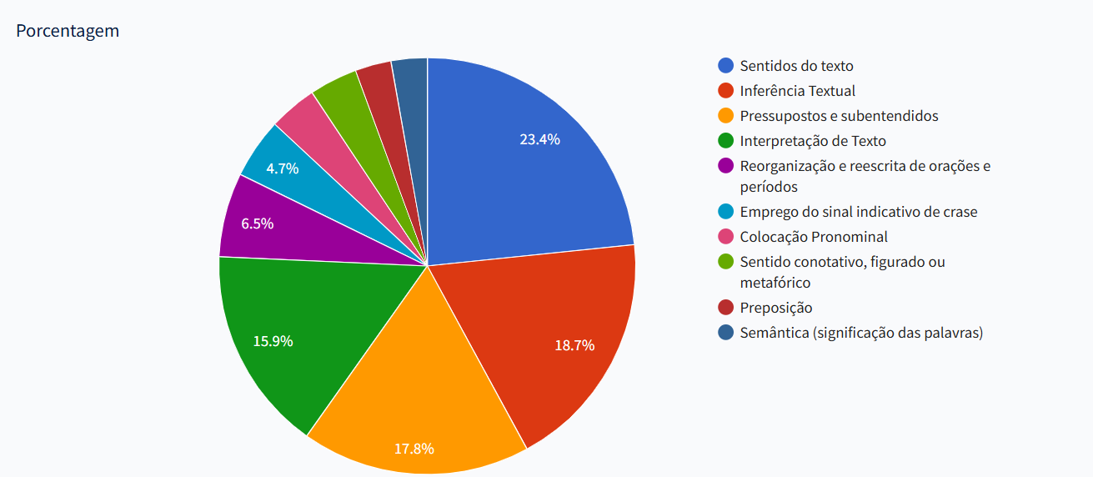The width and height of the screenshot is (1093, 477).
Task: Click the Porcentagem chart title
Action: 68,31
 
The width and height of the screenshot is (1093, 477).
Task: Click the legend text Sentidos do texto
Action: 796,66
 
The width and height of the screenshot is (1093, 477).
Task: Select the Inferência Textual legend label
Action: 797,91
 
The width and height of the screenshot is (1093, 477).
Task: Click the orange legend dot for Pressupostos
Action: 726,116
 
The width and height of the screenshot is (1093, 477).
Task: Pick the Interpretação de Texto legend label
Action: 813,141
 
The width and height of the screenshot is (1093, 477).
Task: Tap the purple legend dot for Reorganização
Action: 726,166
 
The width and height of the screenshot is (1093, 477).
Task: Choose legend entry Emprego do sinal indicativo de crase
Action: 858,212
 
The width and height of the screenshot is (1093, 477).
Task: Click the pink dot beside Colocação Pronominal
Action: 726,237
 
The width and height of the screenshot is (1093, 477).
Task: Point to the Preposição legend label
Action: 775,308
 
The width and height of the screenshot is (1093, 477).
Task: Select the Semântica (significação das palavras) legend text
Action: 861,333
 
